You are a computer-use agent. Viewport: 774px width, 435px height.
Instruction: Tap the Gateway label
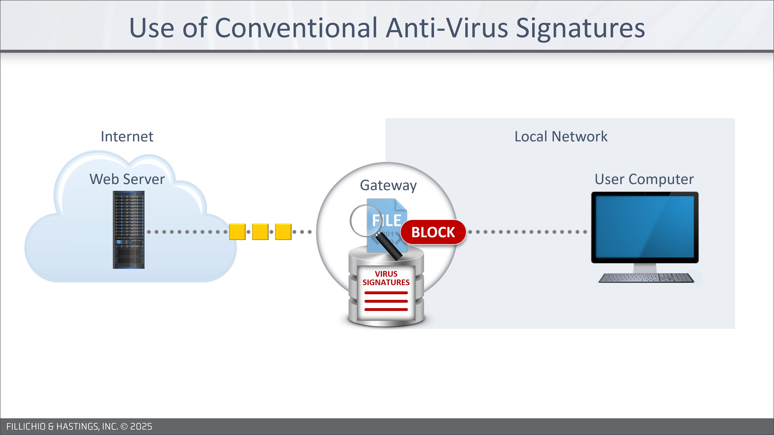pyautogui.click(x=388, y=185)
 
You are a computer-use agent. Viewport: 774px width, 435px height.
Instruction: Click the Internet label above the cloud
pyautogui.click(x=127, y=137)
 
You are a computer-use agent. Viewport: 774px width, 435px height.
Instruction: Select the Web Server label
pyautogui.click(x=127, y=179)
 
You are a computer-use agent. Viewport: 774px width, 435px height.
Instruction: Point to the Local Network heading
pyautogui.click(x=561, y=137)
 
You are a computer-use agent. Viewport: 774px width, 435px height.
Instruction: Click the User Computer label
pyautogui.click(x=644, y=179)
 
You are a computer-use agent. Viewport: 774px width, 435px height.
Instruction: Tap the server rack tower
pyautogui.click(x=129, y=230)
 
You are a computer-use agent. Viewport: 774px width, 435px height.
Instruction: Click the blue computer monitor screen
pyautogui.click(x=645, y=227)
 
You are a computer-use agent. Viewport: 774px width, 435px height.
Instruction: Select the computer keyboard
pyautogui.click(x=646, y=278)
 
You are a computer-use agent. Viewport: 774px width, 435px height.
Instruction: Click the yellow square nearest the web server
pyautogui.click(x=237, y=232)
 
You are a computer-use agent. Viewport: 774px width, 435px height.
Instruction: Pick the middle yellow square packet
pyautogui.click(x=260, y=232)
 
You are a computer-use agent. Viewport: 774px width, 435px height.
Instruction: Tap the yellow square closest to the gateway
pyautogui.click(x=283, y=232)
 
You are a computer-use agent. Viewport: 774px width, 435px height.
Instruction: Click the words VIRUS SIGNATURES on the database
pyautogui.click(x=386, y=278)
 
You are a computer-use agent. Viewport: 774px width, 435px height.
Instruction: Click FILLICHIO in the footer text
pyautogui.click(x=26, y=427)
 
